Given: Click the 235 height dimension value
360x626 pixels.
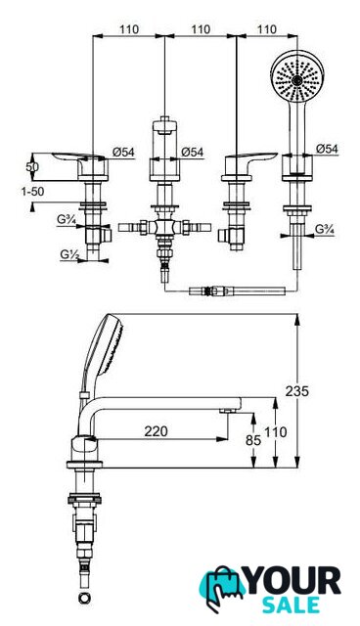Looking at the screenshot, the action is point(297,391).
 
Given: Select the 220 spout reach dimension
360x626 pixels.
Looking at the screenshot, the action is point(157,431).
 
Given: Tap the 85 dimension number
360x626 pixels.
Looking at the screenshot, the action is point(253,440).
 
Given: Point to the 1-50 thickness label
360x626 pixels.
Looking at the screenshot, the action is point(32,192).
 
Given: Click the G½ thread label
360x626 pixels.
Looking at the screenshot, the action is point(68,253).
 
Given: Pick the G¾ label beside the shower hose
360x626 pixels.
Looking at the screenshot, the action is point(325,229).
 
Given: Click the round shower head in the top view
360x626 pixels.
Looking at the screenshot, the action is point(296,76).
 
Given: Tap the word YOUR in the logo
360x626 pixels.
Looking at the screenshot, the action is point(293,581).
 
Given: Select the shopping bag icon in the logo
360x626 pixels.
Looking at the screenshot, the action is point(222,588).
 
